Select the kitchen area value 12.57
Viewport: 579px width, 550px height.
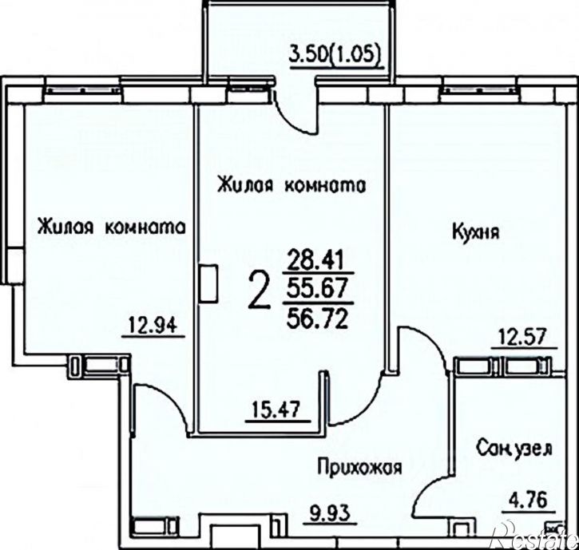(x=523, y=336)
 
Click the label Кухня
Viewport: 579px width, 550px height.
(x=475, y=233)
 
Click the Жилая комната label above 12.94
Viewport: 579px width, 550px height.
(x=112, y=227)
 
